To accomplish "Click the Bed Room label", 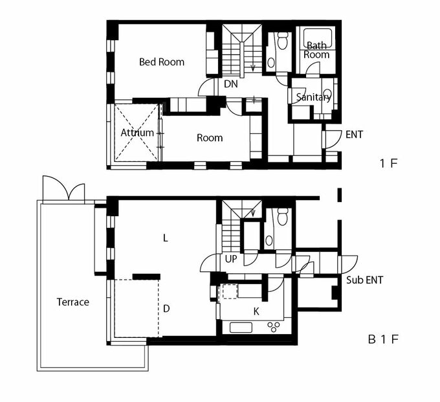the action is (x=162, y=61).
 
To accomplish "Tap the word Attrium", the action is (x=137, y=133).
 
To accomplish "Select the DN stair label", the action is (x=231, y=84).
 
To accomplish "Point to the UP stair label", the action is (x=231, y=259).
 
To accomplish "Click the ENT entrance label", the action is (x=354, y=135).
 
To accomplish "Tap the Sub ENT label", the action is (x=364, y=280).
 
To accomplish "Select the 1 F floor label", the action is (x=389, y=163).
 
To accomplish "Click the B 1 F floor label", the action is (x=383, y=339).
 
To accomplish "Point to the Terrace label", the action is (x=73, y=302).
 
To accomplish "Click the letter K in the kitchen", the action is (x=256, y=311).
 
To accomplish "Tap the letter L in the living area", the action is (x=166, y=238).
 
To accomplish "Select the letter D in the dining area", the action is (x=166, y=309).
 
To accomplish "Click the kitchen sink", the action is (x=241, y=328).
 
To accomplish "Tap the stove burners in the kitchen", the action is (x=274, y=327).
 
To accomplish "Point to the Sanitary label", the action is (x=313, y=97).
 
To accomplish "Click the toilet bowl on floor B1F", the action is (x=281, y=216).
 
